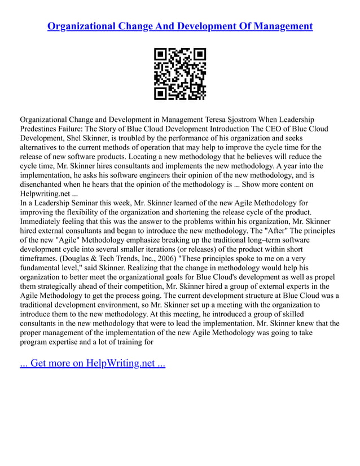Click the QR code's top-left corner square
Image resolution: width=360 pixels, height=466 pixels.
click(160, 55)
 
